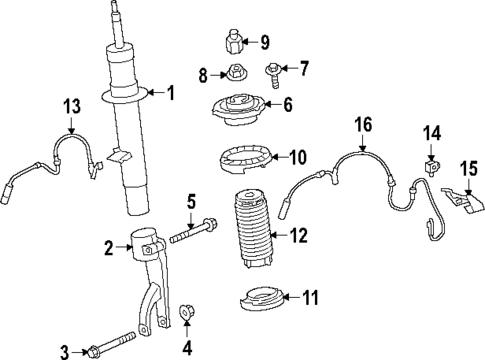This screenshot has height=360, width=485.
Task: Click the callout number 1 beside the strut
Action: click(170, 94)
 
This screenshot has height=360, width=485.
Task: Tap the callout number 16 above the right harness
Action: click(361, 123)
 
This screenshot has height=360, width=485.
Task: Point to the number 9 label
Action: click(265, 42)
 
